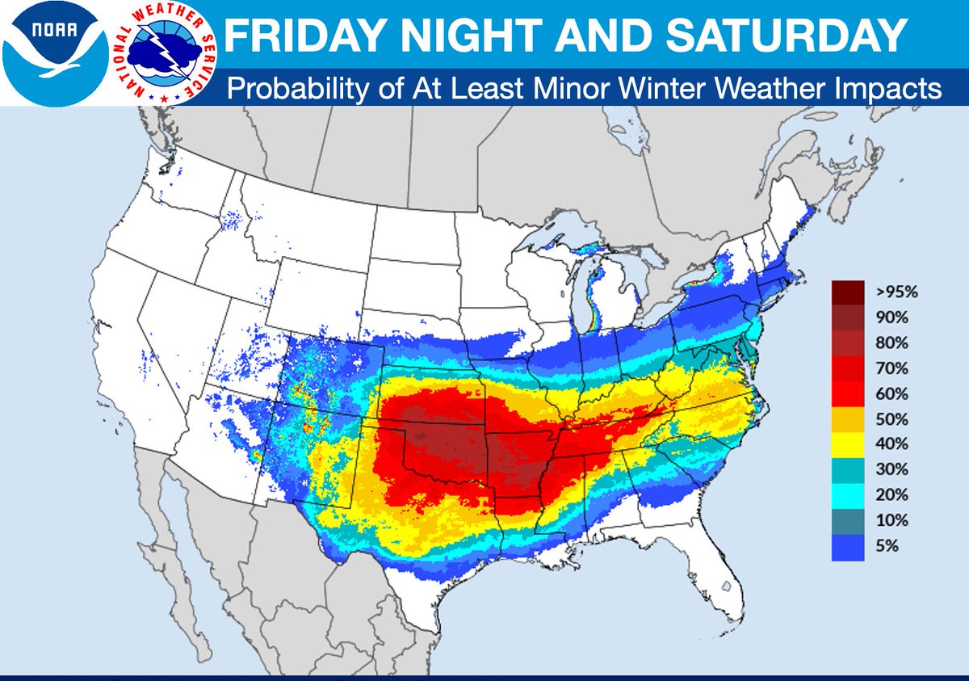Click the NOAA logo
[x=54, y=52]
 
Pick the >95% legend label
[x=893, y=292]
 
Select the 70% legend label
[x=891, y=368]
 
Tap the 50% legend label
[x=891, y=419]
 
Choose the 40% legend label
[x=891, y=444]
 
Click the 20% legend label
[x=891, y=495]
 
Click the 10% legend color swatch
[x=848, y=520]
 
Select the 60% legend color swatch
[x=848, y=393]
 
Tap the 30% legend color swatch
[x=848, y=469]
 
